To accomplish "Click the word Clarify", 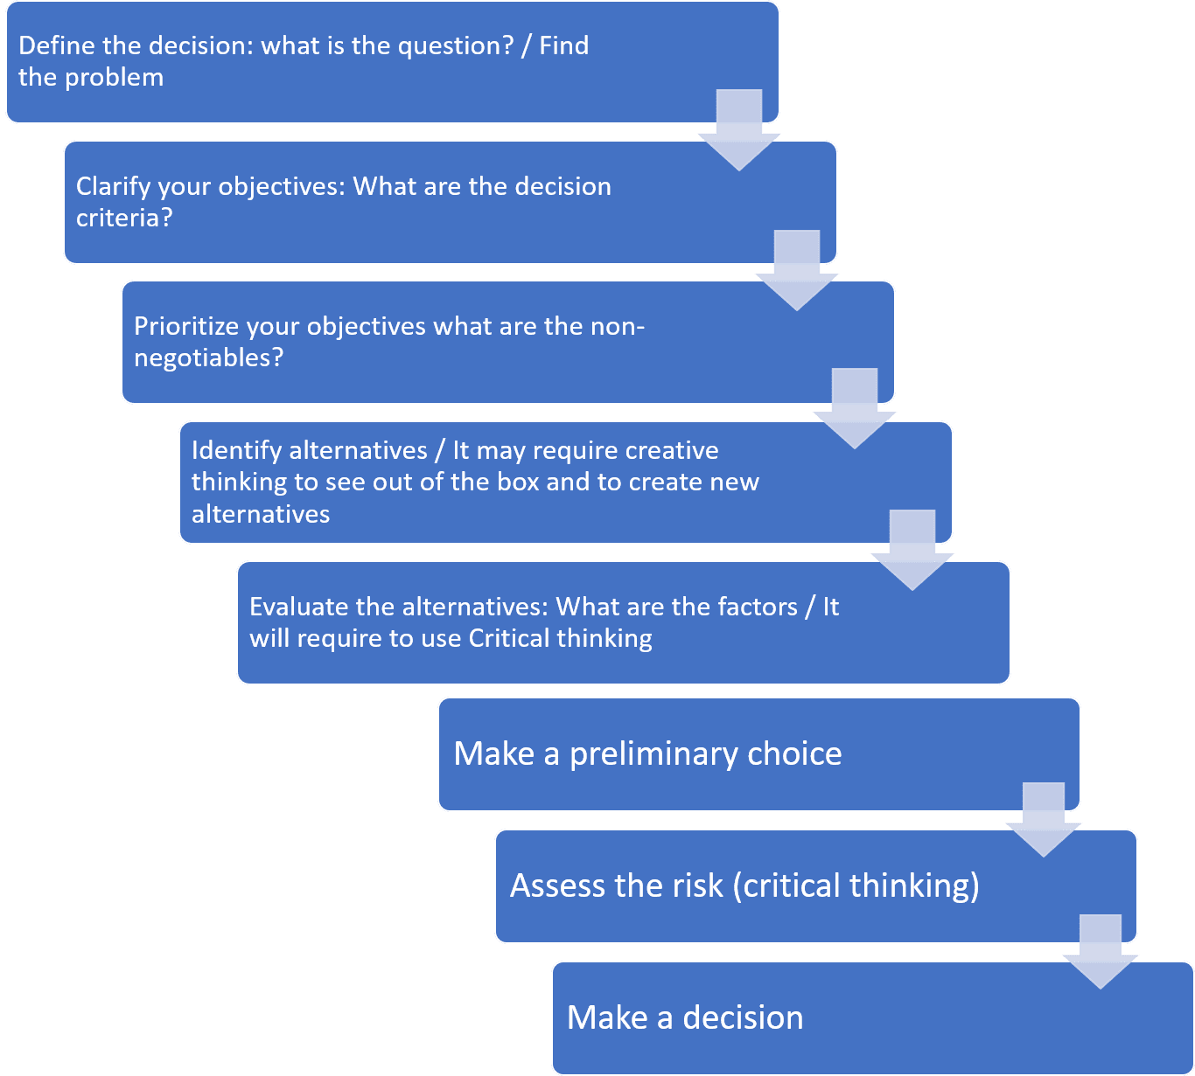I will pos(113,186).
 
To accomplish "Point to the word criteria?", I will pos(124,218).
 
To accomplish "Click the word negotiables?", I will pos(208,358).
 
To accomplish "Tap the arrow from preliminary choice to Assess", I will pos(1044,823).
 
